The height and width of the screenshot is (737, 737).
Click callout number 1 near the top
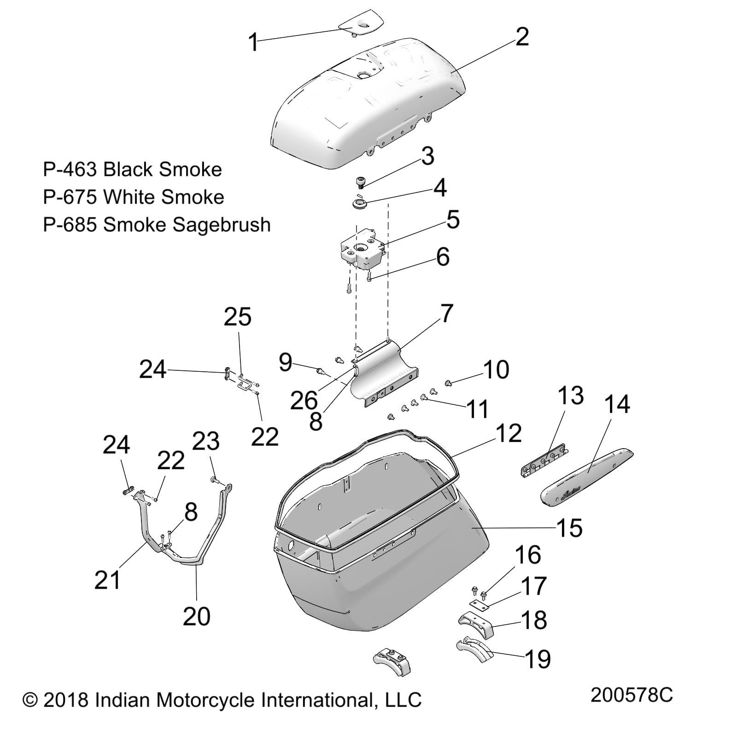(252, 42)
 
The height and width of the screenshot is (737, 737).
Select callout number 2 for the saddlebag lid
(521, 37)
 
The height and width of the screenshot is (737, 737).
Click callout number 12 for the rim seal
(509, 433)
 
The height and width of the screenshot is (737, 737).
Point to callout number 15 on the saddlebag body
(569, 528)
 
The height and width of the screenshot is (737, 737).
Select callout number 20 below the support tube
(197, 616)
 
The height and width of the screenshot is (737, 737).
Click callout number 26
(304, 401)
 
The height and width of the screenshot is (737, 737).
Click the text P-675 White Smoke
(133, 197)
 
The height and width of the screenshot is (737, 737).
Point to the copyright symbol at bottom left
(30, 700)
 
